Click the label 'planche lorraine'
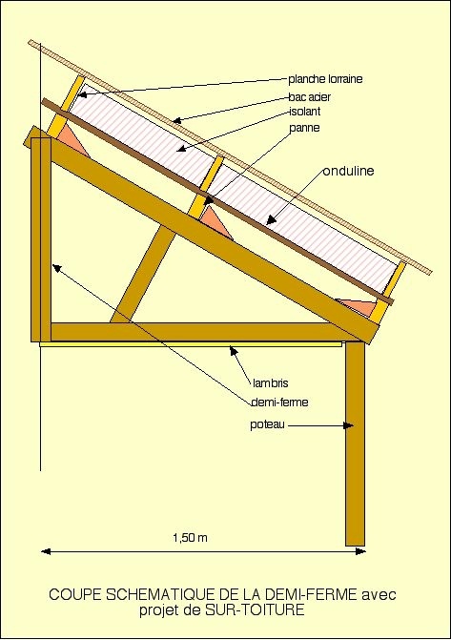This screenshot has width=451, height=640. [325, 79]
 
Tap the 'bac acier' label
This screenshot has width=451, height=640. [309, 97]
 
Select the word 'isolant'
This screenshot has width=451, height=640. [305, 112]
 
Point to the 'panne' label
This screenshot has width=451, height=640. [304, 128]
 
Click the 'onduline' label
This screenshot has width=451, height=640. [348, 171]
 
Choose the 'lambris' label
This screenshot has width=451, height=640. [271, 383]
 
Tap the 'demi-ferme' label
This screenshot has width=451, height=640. [279, 403]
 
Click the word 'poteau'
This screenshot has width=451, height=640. [267, 424]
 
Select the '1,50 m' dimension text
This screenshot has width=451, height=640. [190, 538]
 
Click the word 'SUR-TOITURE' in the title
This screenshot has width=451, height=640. [255, 610]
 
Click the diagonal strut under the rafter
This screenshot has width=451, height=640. [143, 276]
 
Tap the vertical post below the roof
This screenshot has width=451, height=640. [355, 444]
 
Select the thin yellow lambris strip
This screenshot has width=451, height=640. [191, 344]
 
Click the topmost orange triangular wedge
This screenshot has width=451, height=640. [72, 139]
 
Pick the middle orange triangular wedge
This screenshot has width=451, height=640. [215, 221]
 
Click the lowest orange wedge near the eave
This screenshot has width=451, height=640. [357, 306]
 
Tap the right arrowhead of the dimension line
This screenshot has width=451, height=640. [360, 552]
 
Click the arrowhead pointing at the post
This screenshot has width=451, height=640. [348, 425]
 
